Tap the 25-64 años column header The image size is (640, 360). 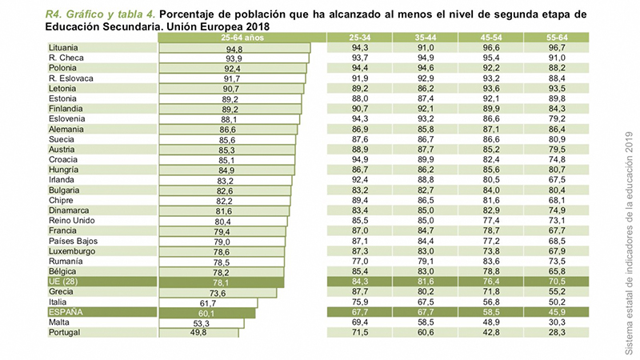pos(233,38)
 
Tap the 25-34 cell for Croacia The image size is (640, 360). pos(360,159)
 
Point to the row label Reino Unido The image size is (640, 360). pos(72,220)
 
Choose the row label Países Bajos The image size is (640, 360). pos(71,241)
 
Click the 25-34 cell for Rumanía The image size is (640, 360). pos(360,261)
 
